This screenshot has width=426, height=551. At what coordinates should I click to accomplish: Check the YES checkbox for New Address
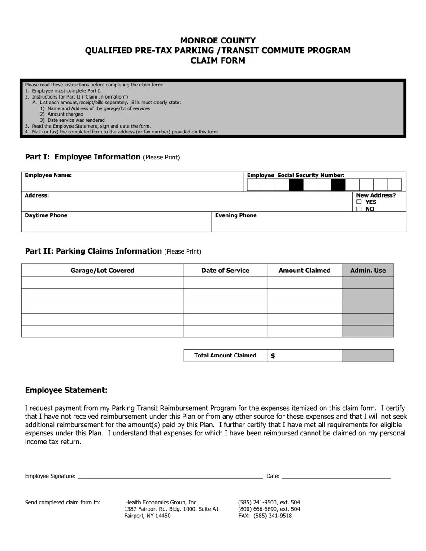[x=359, y=202]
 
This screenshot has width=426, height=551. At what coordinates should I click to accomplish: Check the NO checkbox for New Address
[x=359, y=209]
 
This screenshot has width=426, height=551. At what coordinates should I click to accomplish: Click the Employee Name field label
[x=48, y=176]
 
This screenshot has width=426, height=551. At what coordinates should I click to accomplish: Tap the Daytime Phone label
[x=46, y=215]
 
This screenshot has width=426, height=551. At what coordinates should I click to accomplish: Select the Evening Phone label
[x=236, y=215]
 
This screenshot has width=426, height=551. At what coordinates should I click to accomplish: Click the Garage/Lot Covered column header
[x=102, y=271]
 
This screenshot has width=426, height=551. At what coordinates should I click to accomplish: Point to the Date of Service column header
[x=225, y=271]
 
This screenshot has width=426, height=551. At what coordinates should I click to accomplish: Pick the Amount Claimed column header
[x=304, y=271]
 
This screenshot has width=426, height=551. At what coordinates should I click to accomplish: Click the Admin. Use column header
[x=368, y=271]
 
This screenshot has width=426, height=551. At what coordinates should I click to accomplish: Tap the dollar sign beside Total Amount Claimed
[x=273, y=356]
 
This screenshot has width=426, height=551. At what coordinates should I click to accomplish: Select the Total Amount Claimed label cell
[x=225, y=356]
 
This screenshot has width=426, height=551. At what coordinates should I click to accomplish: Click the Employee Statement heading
[x=66, y=390]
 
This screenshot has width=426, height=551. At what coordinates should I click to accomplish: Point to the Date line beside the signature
[x=336, y=476]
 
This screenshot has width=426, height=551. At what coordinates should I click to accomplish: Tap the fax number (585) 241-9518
[x=272, y=516]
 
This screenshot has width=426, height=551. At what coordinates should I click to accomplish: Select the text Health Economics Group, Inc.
[x=161, y=502]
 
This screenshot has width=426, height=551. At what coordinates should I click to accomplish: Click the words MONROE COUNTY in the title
[x=218, y=40]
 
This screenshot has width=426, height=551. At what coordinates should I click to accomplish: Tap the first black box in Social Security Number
[x=296, y=185]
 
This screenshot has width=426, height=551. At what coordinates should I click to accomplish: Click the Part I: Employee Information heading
[x=83, y=157]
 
